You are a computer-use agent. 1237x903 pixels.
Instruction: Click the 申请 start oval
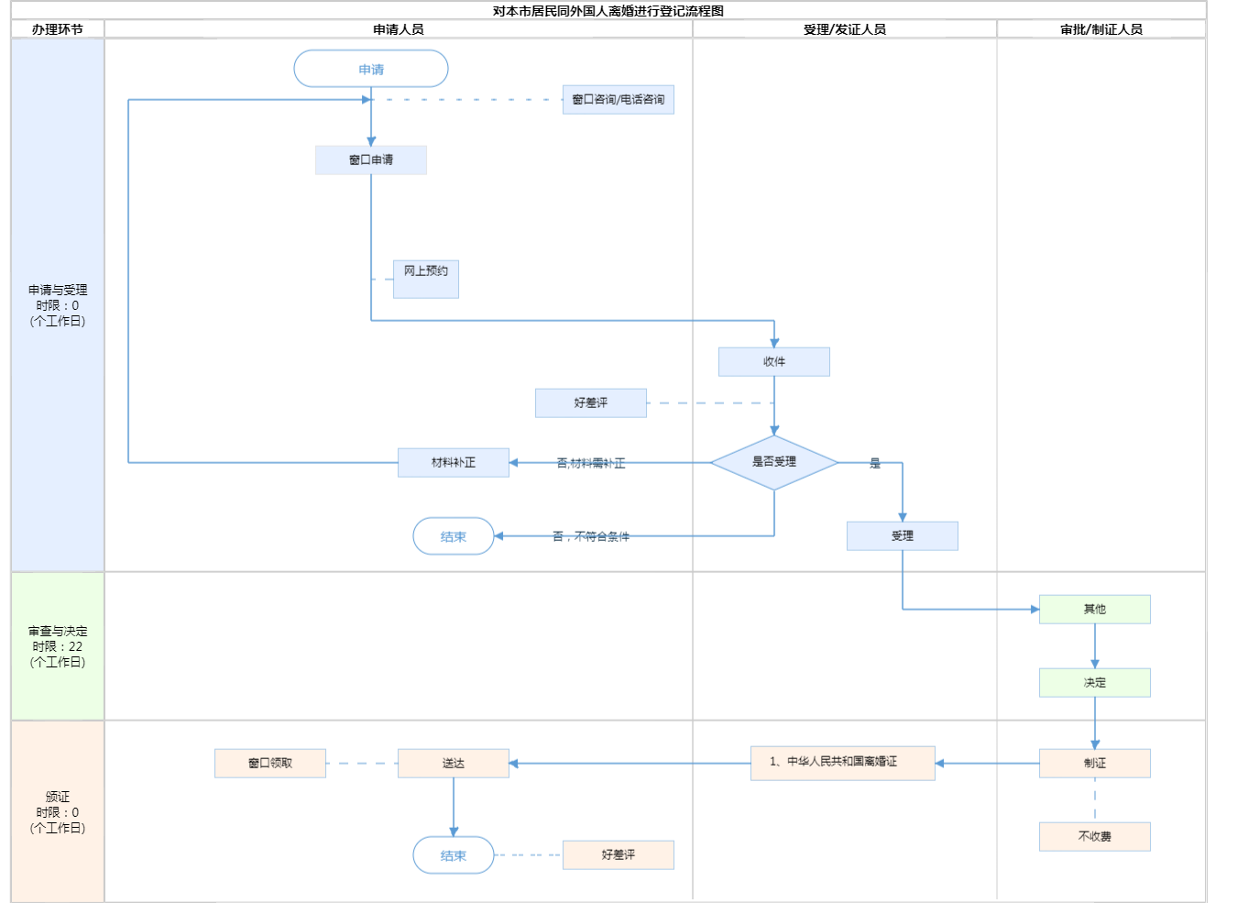coord(371,69)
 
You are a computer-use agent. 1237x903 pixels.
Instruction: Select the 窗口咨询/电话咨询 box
coord(618,100)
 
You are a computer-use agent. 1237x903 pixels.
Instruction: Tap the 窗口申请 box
coord(371,160)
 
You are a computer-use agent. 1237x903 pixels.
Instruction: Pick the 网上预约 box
coord(426,279)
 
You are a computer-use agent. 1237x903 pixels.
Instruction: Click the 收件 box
coord(774,361)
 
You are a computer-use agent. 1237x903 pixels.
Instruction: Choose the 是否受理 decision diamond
coord(774,462)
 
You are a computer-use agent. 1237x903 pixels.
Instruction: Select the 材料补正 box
coord(454,462)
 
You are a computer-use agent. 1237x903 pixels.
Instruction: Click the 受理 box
coord(903,535)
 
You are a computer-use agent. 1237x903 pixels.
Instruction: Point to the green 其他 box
coord(1095,609)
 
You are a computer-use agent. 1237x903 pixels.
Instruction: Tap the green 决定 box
coord(1095,682)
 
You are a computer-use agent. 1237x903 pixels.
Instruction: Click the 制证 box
coord(1095,763)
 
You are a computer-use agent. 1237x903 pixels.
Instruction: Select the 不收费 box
coord(1095,836)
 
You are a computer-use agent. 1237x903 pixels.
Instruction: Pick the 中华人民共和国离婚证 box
coord(843,763)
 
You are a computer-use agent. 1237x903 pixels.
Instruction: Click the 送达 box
coord(454,763)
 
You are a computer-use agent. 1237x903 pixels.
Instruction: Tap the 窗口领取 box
coord(270,763)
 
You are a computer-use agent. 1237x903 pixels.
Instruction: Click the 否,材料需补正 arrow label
coord(591,463)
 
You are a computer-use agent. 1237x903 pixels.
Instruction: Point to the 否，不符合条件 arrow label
coord(591,536)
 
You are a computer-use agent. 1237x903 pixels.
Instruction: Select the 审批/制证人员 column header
coord(1101,29)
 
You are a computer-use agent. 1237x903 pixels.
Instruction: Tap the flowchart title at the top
coord(608,11)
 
